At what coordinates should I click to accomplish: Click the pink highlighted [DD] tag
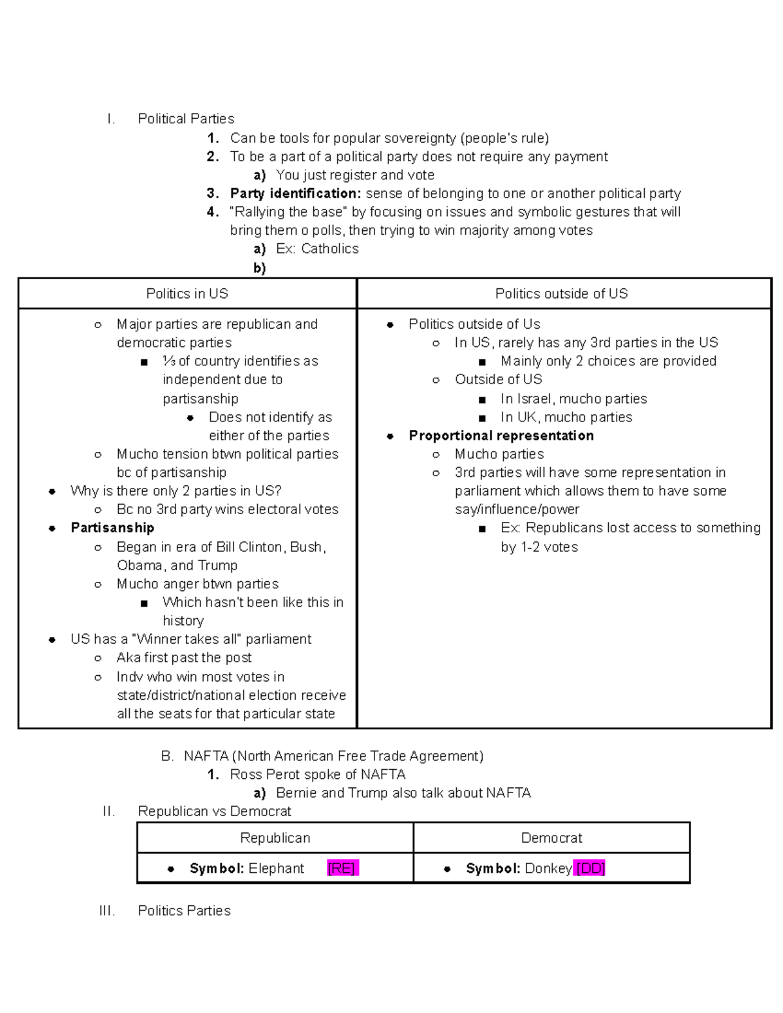click(590, 868)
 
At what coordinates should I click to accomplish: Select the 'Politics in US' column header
click(187, 294)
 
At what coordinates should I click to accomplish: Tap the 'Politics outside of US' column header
click(561, 294)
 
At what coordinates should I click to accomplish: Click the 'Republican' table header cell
click(275, 838)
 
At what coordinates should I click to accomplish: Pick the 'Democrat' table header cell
click(551, 838)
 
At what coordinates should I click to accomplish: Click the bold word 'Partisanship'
click(112, 528)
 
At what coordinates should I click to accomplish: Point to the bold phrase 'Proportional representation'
click(501, 436)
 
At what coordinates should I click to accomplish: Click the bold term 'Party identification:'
click(296, 194)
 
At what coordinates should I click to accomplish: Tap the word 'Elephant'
click(276, 868)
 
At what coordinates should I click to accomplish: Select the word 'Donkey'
click(548, 868)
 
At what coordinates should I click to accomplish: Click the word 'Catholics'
click(330, 249)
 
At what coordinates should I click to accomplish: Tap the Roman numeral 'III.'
click(107, 911)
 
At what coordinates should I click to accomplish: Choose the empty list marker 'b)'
click(260, 268)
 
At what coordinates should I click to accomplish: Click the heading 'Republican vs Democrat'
click(215, 811)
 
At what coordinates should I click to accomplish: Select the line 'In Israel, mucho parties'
click(574, 399)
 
